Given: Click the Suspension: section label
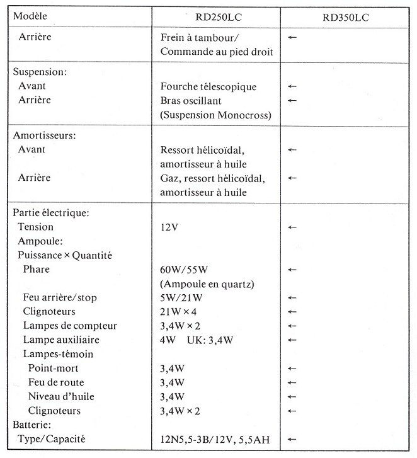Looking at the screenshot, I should pos(40,72).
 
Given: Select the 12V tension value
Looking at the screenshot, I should pos(169,227).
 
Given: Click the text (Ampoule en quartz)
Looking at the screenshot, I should pos(207,283).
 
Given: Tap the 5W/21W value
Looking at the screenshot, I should pos(182,297).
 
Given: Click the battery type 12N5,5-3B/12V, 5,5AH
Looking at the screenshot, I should pos(215,439).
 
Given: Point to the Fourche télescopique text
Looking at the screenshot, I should pos(208,86).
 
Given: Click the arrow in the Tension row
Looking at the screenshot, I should pos(291,227).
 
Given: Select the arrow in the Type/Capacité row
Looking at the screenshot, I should pos(291,439).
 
